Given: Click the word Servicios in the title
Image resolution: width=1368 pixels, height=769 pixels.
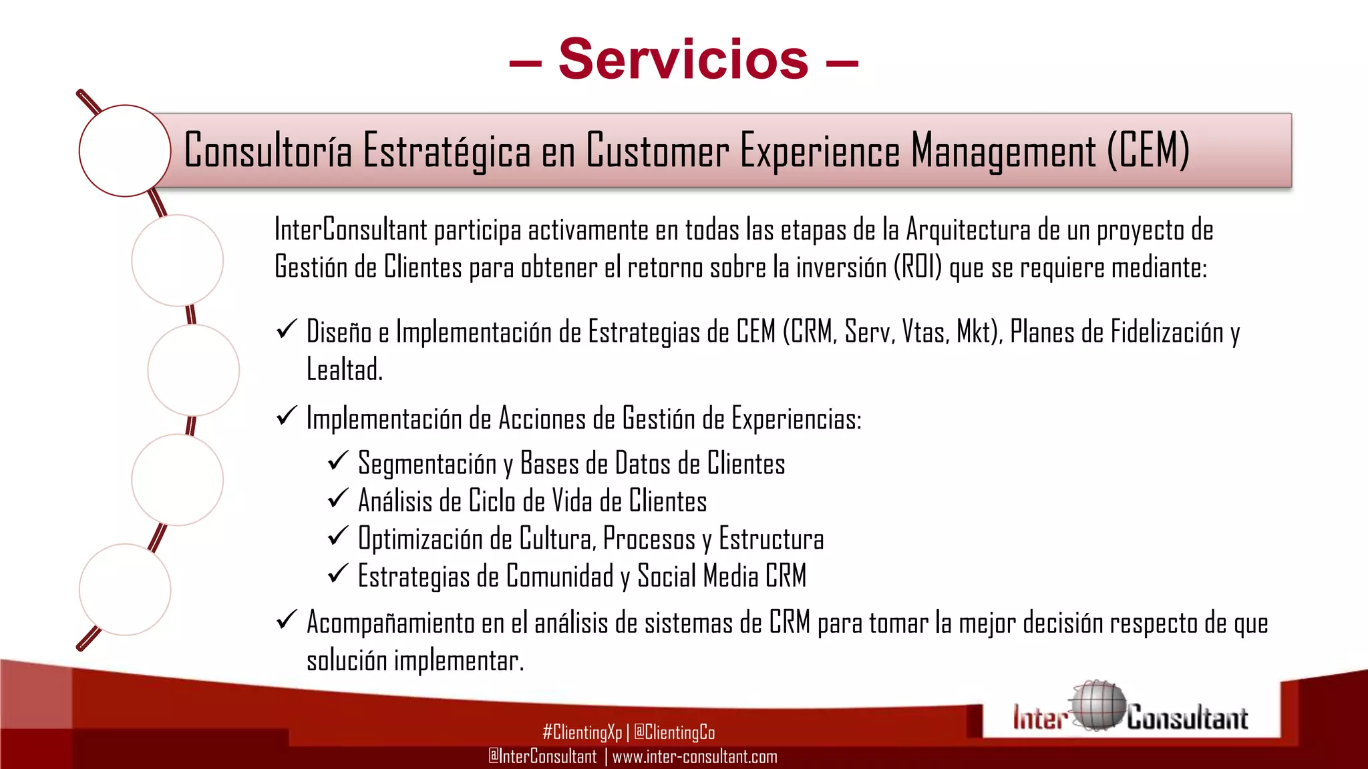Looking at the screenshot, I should click(x=683, y=59).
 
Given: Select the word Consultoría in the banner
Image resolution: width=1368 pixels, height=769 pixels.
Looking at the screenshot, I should click(x=268, y=151).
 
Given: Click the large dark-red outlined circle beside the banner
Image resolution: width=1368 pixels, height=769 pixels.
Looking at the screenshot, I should click(x=125, y=151).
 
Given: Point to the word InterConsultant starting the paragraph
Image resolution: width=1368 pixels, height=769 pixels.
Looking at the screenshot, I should click(x=351, y=230).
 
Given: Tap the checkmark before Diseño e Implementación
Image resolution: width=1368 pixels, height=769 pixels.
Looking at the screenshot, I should click(x=287, y=329).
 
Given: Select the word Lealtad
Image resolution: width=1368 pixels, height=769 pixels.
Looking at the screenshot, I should click(x=344, y=369).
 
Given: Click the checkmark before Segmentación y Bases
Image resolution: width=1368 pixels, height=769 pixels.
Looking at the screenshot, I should click(x=338, y=461).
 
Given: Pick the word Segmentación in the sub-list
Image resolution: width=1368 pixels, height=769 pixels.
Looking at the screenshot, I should click(x=427, y=464).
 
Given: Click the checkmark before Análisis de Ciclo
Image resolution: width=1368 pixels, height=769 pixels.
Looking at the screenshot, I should click(x=338, y=498).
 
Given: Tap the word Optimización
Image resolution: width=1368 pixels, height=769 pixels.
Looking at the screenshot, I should click(x=420, y=539).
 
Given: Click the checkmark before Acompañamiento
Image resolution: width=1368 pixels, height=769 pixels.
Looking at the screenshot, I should click(x=287, y=620).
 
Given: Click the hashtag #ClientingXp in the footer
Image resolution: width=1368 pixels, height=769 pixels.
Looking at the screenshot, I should click(x=582, y=733).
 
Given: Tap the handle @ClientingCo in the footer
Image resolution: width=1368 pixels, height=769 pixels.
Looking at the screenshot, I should click(x=674, y=733).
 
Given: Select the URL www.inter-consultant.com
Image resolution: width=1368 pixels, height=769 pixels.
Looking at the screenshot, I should click(x=695, y=757).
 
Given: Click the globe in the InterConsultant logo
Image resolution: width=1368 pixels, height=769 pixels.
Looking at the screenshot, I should click(x=1097, y=706).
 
